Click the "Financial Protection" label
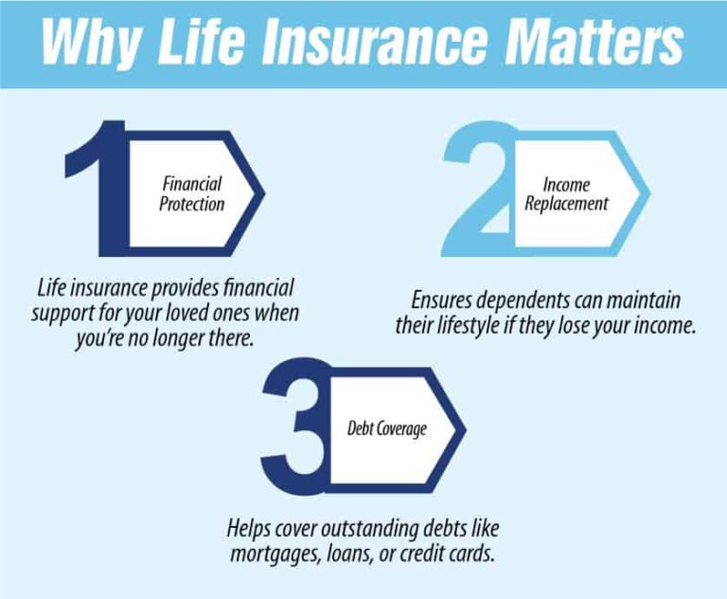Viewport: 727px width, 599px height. pyautogui.click(x=192, y=192)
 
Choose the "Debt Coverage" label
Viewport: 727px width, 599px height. pyautogui.click(x=386, y=427)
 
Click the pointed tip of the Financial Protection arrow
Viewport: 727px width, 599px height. pyautogui.click(x=263, y=192)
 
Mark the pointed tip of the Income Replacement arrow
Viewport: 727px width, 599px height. pyautogui.click(x=649, y=192)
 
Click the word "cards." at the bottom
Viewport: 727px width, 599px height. pyautogui.click(x=469, y=554)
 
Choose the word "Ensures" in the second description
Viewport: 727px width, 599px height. pyautogui.click(x=446, y=300)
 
